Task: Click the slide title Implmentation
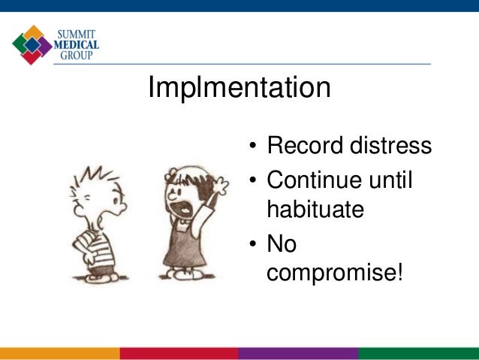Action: click(239, 89)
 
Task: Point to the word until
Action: click(393, 180)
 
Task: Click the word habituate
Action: click(315, 208)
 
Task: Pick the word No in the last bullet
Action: click(282, 244)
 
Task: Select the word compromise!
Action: click(335, 272)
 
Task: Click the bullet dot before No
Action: click(254, 246)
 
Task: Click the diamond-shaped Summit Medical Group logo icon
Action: click(32, 44)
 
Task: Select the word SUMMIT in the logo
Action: click(77, 33)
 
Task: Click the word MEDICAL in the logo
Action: click(77, 44)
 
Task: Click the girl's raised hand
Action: click(220, 183)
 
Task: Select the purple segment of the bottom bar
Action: click(298, 353)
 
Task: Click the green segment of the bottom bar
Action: click(418, 353)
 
